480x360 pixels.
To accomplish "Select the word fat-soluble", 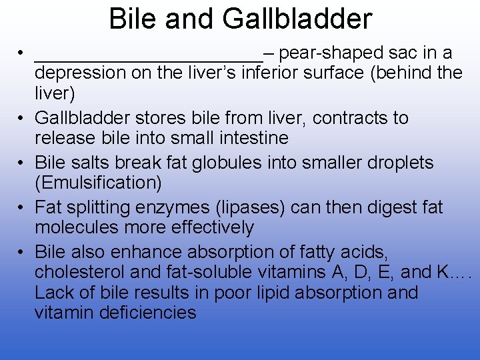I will click(x=210, y=272).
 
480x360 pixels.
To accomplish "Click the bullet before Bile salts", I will click(x=22, y=163).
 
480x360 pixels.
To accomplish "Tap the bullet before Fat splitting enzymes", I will click(x=22, y=208).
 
